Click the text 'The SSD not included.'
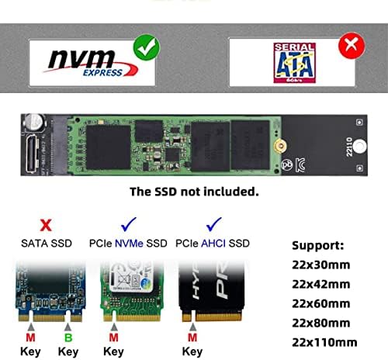point(195,191)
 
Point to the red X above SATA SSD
point(47,225)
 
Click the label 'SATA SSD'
point(47,244)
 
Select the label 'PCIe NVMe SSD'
point(128,244)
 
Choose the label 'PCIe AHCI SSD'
point(214,244)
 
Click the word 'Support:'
point(319,246)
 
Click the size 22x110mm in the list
point(324,342)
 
